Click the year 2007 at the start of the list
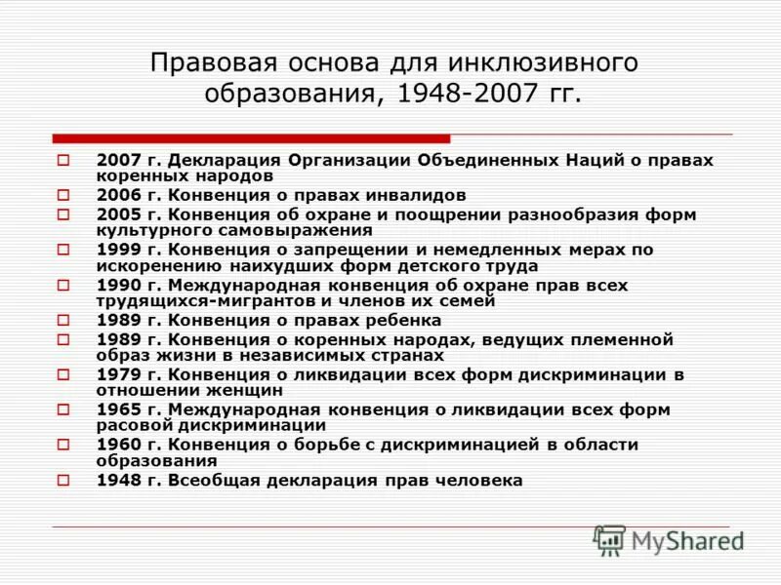[x=116, y=159]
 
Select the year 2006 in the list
[x=116, y=195]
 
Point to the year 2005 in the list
[x=116, y=214]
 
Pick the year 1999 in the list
[x=116, y=250]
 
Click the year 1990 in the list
[x=116, y=285]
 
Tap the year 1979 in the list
[x=116, y=374]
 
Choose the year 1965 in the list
[x=116, y=409]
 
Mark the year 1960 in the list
[x=116, y=445]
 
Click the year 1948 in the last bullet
[x=116, y=481]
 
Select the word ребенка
[x=403, y=320]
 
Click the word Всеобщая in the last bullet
[x=207, y=481]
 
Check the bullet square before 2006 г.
[x=63, y=195]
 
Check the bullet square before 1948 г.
[x=63, y=481]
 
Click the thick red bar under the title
[x=252, y=138]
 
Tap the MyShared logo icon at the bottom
[x=610, y=540]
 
